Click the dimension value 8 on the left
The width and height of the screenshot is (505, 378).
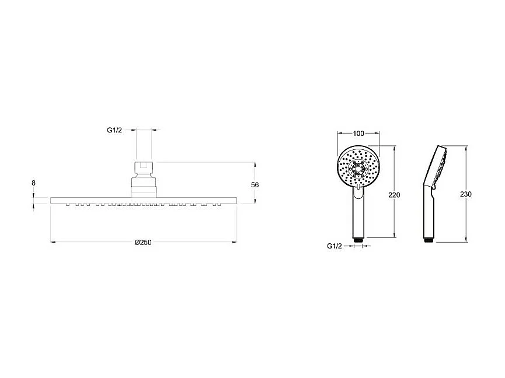tap(34, 183)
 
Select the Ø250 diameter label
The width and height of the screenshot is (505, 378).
tap(143, 243)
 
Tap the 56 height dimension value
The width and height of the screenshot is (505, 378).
tap(255, 184)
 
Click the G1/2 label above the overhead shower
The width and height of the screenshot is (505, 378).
tap(114, 131)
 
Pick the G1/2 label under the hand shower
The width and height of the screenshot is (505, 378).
tap(335, 246)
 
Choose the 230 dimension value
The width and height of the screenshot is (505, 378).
tap(465, 194)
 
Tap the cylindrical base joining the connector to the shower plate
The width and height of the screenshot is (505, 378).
tap(143, 187)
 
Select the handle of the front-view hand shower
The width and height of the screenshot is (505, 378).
tap(358, 213)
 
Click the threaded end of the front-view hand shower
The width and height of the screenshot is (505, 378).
tap(358, 239)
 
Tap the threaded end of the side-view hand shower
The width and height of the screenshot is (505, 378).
tap(429, 239)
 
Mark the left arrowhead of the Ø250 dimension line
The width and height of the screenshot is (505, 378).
tap(53, 241)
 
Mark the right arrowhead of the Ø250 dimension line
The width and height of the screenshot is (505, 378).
tap(235, 241)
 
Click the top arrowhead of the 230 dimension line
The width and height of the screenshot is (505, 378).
tap(466, 147)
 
